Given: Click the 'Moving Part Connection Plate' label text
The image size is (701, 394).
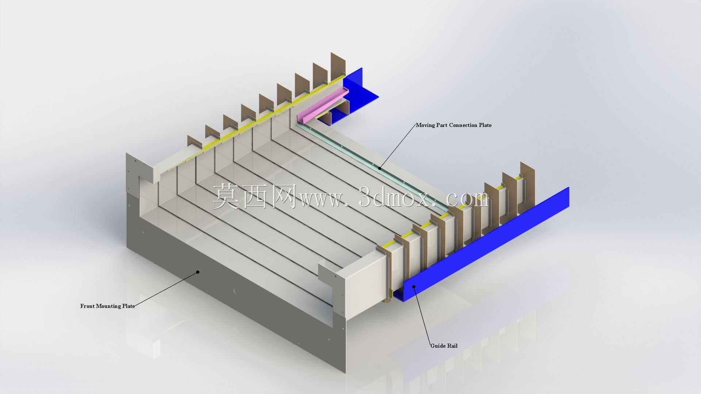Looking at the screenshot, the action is pyautogui.click(x=454, y=125).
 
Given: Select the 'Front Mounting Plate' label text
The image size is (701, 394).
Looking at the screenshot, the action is pyautogui.click(x=108, y=306).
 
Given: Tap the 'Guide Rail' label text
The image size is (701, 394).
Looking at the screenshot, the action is pyautogui.click(x=444, y=346).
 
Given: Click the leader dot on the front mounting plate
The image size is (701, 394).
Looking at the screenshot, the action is pyautogui.click(x=198, y=272).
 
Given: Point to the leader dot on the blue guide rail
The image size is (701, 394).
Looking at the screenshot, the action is pyautogui.click(x=414, y=286).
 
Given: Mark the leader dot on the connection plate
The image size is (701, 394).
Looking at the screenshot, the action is pyautogui.click(x=380, y=168).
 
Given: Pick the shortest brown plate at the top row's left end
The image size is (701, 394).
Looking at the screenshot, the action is pyautogui.click(x=195, y=142).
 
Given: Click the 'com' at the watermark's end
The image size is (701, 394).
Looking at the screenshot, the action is pyautogui.click(x=468, y=199).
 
